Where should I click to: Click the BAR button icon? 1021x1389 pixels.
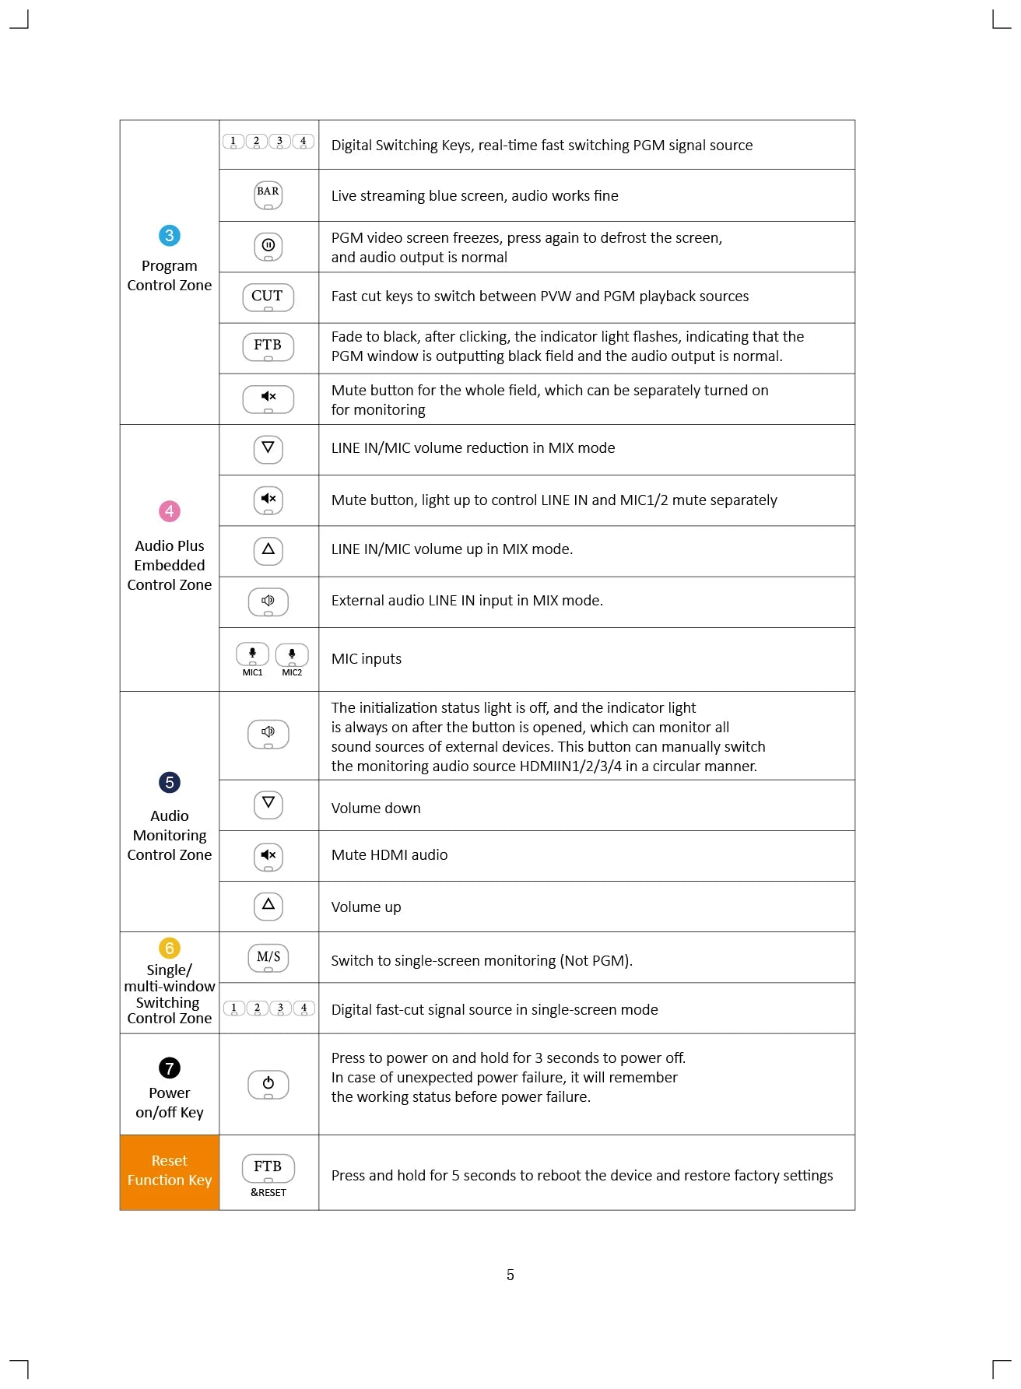pyautogui.click(x=268, y=195)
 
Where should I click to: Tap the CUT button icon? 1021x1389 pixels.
pyautogui.click(x=268, y=297)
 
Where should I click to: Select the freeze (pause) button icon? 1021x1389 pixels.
pyautogui.click(x=268, y=247)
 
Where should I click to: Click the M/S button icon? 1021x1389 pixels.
pyautogui.click(x=268, y=958)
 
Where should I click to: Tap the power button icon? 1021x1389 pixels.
pyautogui.click(x=268, y=1084)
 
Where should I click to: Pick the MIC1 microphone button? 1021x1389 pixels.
pyautogui.click(x=252, y=654)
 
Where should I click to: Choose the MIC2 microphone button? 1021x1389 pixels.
pyautogui.click(x=292, y=654)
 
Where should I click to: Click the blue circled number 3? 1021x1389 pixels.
pyautogui.click(x=169, y=235)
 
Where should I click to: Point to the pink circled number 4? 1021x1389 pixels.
pyautogui.click(x=169, y=511)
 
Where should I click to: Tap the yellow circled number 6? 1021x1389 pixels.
pyautogui.click(x=169, y=948)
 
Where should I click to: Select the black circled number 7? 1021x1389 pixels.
pyautogui.click(x=169, y=1068)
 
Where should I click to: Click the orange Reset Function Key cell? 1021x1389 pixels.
pyautogui.click(x=169, y=1171)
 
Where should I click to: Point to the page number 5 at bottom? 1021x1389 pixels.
pyautogui.click(x=510, y=1275)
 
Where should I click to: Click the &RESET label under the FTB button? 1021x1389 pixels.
pyautogui.click(x=268, y=1193)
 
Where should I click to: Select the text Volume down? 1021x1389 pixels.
pyautogui.click(x=376, y=808)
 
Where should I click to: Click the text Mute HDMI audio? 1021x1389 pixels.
pyautogui.click(x=389, y=855)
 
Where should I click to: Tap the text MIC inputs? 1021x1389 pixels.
pyautogui.click(x=367, y=659)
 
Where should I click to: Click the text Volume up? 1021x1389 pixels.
pyautogui.click(x=366, y=907)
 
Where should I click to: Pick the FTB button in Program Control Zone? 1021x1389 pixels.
pyautogui.click(x=268, y=346)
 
